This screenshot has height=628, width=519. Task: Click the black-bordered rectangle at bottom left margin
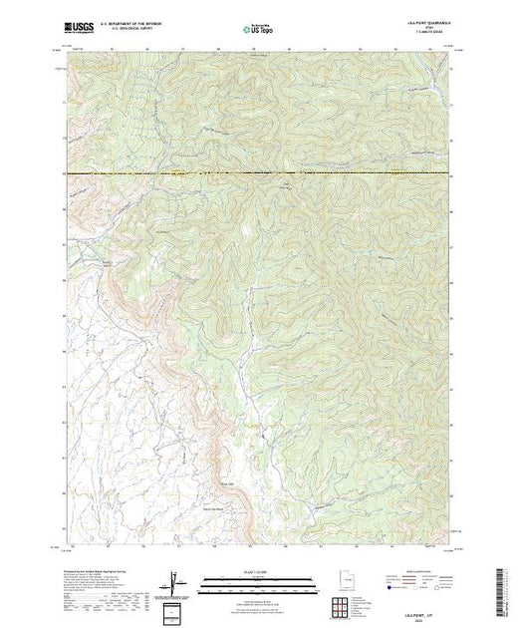(176, 610)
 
